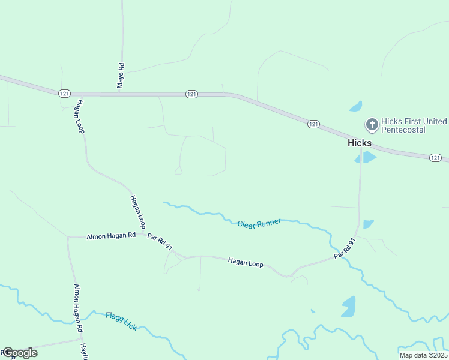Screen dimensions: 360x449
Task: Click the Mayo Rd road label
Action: coord(121,76)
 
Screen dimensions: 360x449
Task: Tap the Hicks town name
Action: coord(360,143)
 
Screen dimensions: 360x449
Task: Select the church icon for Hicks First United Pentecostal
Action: coord(372,125)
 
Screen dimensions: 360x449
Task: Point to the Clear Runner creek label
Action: coord(259,223)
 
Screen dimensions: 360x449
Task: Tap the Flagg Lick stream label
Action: coord(121,321)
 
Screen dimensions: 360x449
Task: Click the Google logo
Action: coord(20,353)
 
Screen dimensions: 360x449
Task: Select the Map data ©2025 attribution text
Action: coord(423,355)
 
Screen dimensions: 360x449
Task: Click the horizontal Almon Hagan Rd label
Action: coord(111,237)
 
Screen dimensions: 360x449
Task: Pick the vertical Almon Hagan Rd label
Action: coord(77,308)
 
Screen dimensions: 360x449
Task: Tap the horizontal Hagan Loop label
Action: coord(246,262)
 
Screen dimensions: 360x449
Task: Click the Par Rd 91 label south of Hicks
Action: coord(345,248)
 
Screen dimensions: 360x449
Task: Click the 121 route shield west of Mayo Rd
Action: coord(65,93)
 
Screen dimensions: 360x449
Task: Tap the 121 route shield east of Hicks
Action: coord(436,157)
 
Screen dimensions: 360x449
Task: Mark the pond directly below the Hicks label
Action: coord(365,157)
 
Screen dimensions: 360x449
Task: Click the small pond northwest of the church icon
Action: coord(357,107)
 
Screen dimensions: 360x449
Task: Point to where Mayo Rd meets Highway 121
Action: coord(122,94)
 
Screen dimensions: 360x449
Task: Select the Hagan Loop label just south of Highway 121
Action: coord(78,116)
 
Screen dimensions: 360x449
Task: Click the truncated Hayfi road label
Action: coord(85,350)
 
